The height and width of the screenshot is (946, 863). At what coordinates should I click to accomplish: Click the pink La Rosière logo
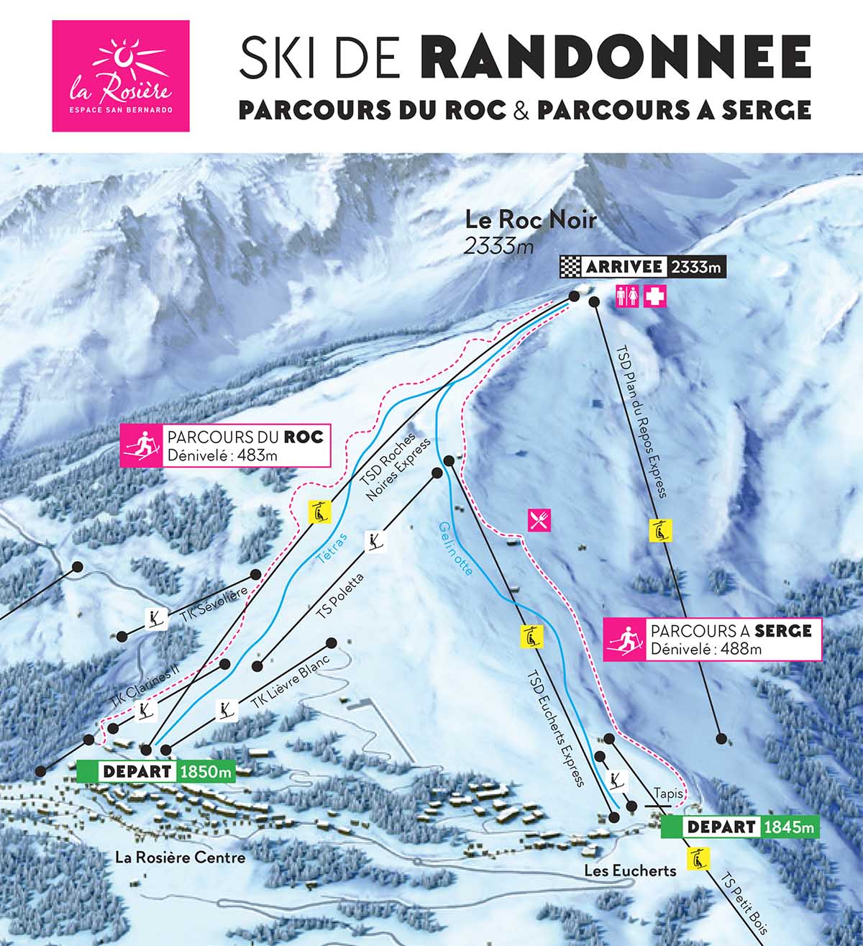[x=121, y=76]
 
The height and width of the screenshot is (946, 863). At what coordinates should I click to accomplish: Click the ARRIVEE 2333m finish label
[x=643, y=267]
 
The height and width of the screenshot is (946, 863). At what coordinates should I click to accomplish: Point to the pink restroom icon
[x=627, y=296]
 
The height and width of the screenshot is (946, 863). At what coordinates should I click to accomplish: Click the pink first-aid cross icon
[x=654, y=296]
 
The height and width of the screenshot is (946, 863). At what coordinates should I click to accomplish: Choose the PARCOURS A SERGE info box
[x=712, y=639]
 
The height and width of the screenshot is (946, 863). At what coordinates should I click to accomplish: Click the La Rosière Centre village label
[x=181, y=858]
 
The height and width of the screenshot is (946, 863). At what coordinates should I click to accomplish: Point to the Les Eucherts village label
[x=630, y=870]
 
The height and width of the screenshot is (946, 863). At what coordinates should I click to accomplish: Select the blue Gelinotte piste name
[x=455, y=548]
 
